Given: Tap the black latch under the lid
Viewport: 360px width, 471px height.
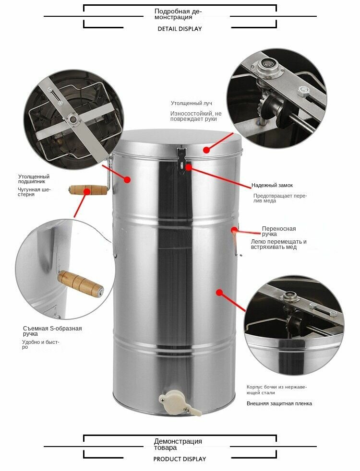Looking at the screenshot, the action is pos(181,160).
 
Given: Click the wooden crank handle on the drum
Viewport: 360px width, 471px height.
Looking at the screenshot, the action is pos(88,190).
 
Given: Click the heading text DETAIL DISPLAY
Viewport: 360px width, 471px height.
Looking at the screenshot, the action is pos(180,29).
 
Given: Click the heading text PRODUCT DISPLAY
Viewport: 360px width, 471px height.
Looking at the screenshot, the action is pos(180,459).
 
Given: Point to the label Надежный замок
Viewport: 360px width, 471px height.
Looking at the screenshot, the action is pos(272,185).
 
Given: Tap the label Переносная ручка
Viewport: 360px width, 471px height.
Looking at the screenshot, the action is pos(278,231).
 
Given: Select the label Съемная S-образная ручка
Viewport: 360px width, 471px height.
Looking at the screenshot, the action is pos(52,331).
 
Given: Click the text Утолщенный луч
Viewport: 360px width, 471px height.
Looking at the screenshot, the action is pos(192,103).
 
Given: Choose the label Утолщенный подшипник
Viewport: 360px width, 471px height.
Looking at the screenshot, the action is pos(34,179).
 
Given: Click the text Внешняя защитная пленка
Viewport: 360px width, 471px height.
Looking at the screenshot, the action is pos(279,403).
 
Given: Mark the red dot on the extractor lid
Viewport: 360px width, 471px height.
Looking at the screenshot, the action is pos(206,149).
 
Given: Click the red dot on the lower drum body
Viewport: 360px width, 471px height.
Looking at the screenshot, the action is pos(220,292).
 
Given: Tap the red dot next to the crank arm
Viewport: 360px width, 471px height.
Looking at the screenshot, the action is pos(127,180).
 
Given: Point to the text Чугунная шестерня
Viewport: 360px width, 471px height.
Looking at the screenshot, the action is pos(34,192).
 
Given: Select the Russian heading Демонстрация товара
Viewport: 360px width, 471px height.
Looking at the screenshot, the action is pos(178,444).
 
